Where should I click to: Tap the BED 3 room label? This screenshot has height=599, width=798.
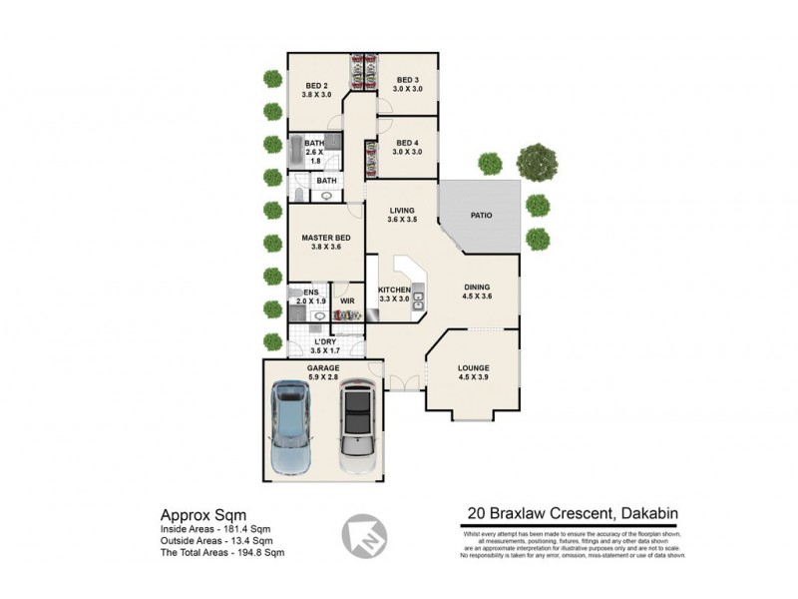tap(407, 80)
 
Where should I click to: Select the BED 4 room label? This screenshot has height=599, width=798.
tap(407, 143)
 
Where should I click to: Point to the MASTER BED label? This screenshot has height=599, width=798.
tap(326, 237)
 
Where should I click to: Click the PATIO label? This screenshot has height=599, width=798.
tap(481, 215)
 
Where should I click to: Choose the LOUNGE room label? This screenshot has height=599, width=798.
tap(473, 366)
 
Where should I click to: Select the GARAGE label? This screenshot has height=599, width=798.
tap(323, 367)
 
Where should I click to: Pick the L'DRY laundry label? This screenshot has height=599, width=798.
tap(325, 341)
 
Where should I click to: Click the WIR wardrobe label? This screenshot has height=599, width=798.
tap(348, 299)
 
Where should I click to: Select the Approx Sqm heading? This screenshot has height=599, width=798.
tap(198, 514)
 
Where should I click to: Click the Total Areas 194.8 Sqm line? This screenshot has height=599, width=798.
tap(222, 551)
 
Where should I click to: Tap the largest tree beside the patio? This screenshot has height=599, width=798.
tap(537, 162)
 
